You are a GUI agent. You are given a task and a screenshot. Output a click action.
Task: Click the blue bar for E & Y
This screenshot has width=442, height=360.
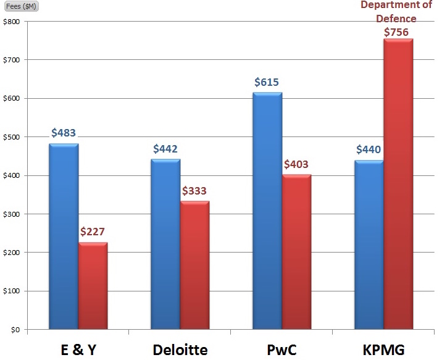pyautogui.click(x=64, y=237)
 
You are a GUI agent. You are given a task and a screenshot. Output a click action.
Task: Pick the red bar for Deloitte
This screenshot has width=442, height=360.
pyautogui.click(x=195, y=266)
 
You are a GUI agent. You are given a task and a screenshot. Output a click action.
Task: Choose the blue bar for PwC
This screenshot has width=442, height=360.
pyautogui.click(x=267, y=211)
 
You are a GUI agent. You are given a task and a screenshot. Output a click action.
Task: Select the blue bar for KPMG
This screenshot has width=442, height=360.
pyautogui.click(x=369, y=245)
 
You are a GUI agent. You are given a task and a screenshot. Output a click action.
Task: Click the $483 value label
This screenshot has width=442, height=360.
pyautogui.click(x=64, y=133)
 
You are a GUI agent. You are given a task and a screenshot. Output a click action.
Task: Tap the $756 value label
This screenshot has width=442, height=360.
pyautogui.click(x=399, y=31)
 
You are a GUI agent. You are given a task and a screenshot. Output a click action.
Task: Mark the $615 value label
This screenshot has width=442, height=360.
pyautogui.click(x=267, y=82)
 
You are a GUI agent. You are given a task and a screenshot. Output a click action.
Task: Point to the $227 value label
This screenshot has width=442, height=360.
pyautogui.click(x=93, y=232)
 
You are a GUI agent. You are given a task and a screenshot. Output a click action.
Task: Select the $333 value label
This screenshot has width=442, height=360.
pyautogui.click(x=195, y=191)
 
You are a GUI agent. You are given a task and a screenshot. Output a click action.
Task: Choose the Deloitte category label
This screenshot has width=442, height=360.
pyautogui.click(x=180, y=350)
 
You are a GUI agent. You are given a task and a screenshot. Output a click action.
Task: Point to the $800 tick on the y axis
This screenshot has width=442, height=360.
pyautogui.click(x=12, y=22)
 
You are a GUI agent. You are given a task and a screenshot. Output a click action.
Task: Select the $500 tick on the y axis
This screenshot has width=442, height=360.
pyautogui.click(x=12, y=137)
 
